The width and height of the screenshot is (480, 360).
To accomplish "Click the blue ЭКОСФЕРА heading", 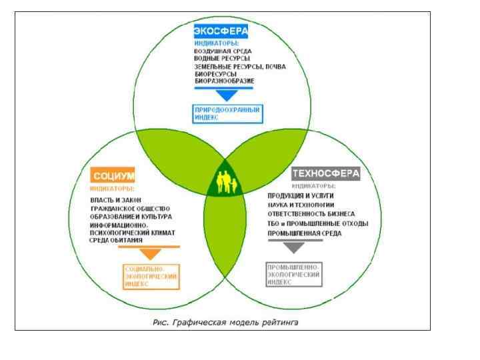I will pos(221,31).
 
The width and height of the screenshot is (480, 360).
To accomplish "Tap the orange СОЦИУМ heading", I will pos(113,176).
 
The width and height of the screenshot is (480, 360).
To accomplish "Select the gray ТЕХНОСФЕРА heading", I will pos(326,173).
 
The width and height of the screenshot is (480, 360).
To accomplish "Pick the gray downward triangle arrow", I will pos(293,248).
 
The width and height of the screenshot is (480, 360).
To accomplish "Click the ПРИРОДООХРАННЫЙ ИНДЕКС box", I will pos(228,113).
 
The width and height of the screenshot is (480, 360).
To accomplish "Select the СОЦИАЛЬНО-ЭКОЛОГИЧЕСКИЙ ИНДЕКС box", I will pos(151,276).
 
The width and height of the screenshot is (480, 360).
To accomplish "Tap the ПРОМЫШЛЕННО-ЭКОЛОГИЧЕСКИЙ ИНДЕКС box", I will pos(293,274).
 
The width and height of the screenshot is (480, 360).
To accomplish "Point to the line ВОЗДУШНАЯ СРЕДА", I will pos(222,51).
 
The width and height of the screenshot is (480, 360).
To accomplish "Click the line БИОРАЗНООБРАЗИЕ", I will pos(224,81).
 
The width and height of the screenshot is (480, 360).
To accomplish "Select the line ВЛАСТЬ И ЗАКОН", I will pos(117,200).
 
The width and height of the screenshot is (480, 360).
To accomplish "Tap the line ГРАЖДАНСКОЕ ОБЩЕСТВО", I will pos(131,209).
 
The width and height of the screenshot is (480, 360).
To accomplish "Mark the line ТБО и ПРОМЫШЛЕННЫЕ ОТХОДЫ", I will pos(317,223).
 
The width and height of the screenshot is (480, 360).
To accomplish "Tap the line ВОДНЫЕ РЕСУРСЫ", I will pos(217,59).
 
